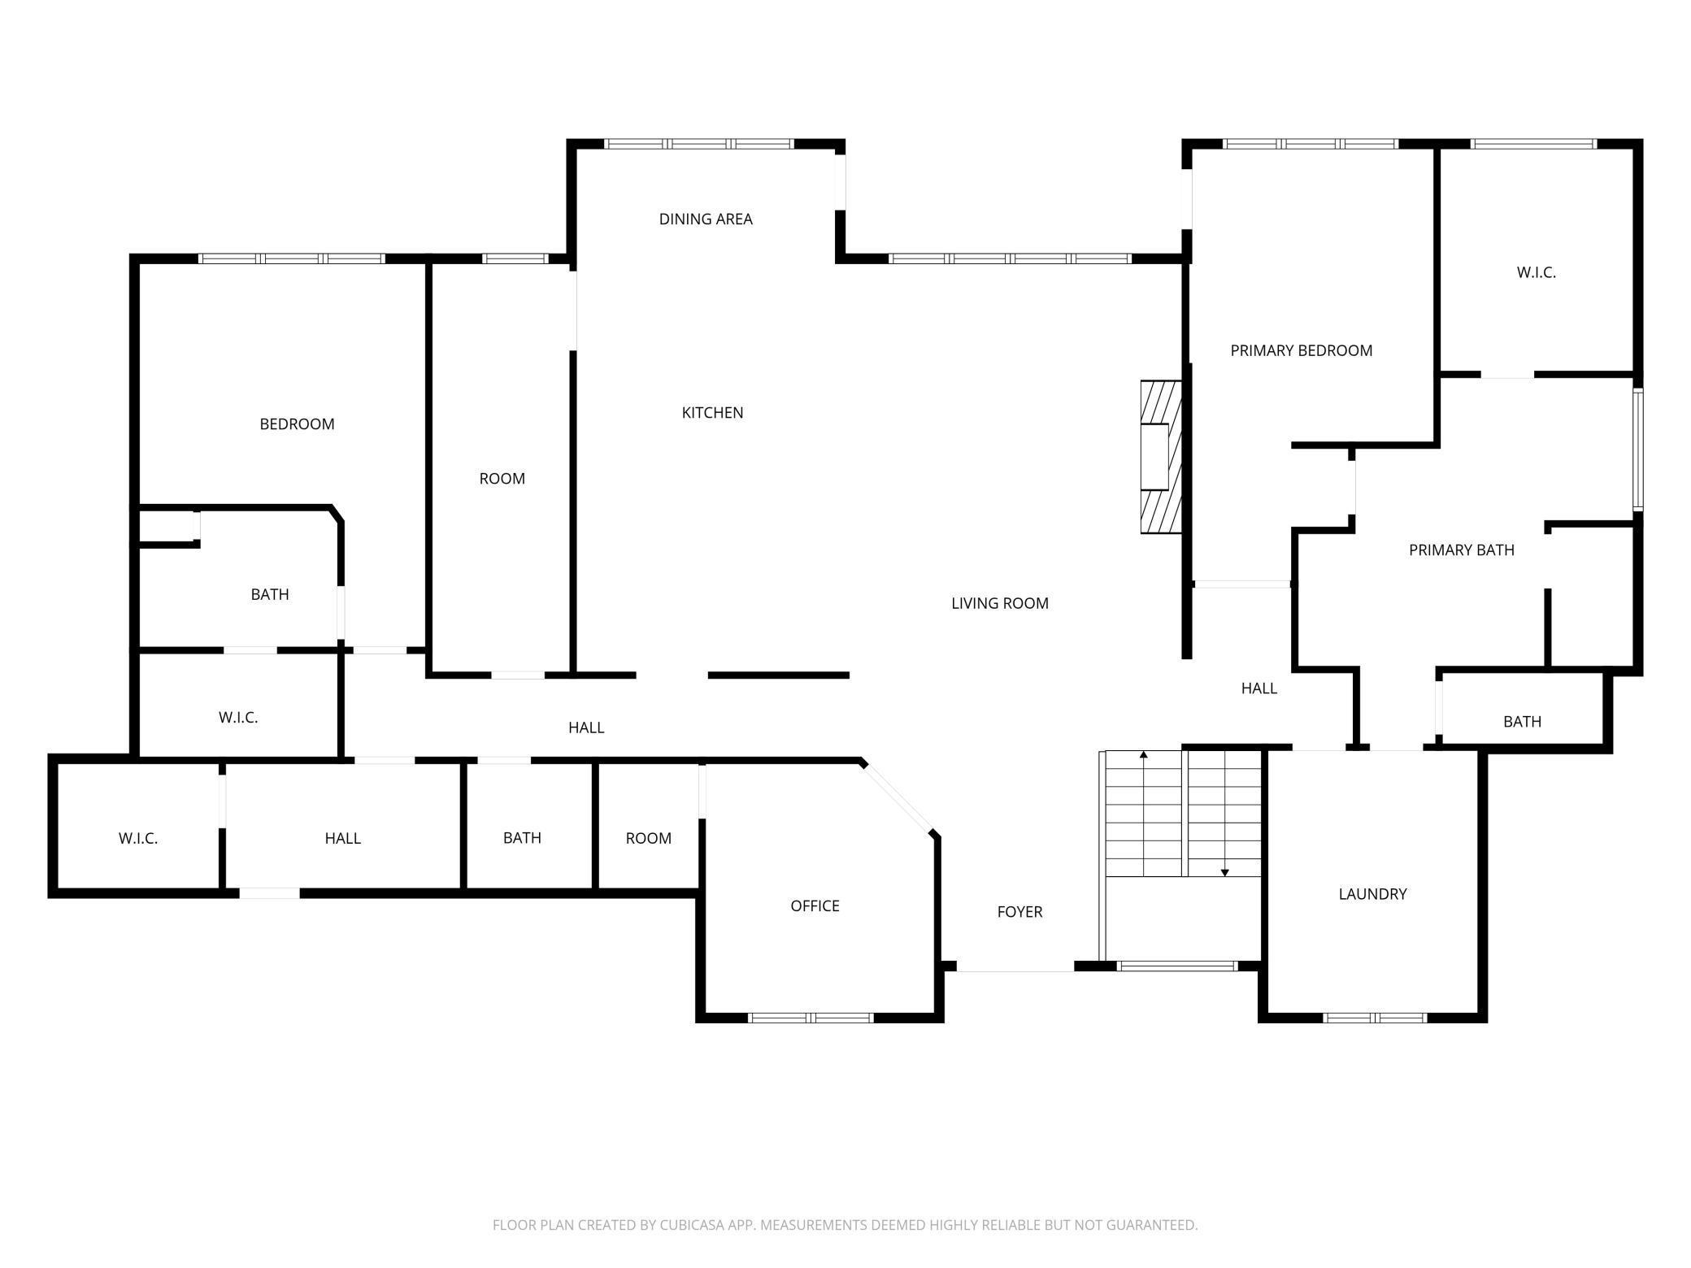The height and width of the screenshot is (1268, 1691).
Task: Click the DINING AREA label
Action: pyautogui.click(x=706, y=219)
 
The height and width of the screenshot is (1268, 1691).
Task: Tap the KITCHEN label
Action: pyautogui.click(x=712, y=413)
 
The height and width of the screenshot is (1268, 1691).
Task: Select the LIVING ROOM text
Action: pyautogui.click(x=1000, y=603)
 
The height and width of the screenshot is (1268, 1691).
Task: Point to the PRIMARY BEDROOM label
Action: pyautogui.click(x=1301, y=350)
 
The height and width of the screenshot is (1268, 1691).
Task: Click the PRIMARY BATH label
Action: pyautogui.click(x=1461, y=550)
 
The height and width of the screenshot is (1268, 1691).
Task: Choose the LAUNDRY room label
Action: pyautogui.click(x=1372, y=894)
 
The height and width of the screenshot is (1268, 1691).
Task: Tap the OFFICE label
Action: pyautogui.click(x=815, y=905)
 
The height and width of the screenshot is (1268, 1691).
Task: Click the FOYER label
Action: pyautogui.click(x=1019, y=912)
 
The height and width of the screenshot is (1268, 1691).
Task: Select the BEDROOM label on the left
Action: pyautogui.click(x=297, y=424)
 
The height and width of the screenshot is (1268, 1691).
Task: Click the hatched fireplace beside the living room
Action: pyautogui.click(x=1161, y=457)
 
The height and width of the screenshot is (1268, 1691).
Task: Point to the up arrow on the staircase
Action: pyautogui.click(x=1144, y=814)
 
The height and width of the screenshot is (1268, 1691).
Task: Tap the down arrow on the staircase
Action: pyautogui.click(x=1225, y=814)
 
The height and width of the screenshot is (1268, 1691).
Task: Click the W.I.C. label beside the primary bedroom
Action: pyautogui.click(x=1536, y=273)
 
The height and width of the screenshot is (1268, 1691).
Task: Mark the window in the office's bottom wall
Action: pyautogui.click(x=811, y=1018)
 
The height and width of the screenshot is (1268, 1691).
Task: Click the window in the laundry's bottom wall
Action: pyautogui.click(x=1375, y=1018)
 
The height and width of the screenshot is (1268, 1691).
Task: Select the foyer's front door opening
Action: pyautogui.click(x=1015, y=967)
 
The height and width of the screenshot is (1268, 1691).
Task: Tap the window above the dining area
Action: pyautogui.click(x=699, y=144)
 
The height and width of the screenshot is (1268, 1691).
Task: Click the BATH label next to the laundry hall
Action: pyautogui.click(x=1522, y=722)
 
